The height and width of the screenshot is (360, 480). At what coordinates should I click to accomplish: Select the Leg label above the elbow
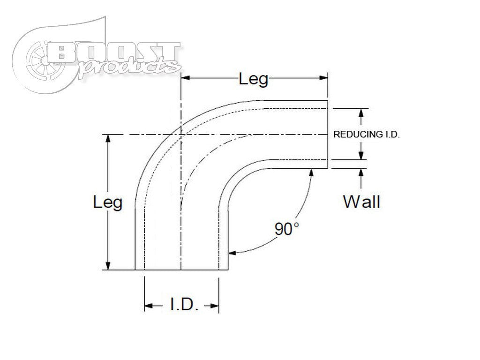tap(254, 79)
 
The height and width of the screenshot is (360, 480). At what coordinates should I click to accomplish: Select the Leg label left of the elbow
tap(108, 202)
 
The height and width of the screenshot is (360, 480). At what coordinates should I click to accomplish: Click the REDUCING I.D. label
tap(366, 135)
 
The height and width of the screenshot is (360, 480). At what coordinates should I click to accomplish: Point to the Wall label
tap(361, 202)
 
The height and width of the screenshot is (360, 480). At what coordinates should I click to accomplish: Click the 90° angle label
tap(287, 229)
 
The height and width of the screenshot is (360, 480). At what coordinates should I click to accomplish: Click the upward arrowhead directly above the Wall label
tap(361, 172)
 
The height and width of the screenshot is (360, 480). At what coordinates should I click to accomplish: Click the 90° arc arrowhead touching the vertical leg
tap(232, 253)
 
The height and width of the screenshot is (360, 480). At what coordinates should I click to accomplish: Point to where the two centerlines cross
tap(181, 135)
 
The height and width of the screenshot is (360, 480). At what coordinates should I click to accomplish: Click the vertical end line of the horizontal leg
tap(327, 135)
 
